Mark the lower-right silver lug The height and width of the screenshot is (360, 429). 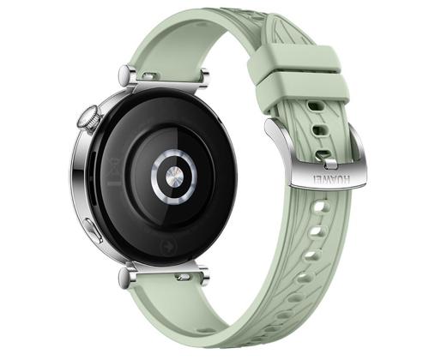(x=204, y=276)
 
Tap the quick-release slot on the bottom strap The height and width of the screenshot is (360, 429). (x=182, y=278)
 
